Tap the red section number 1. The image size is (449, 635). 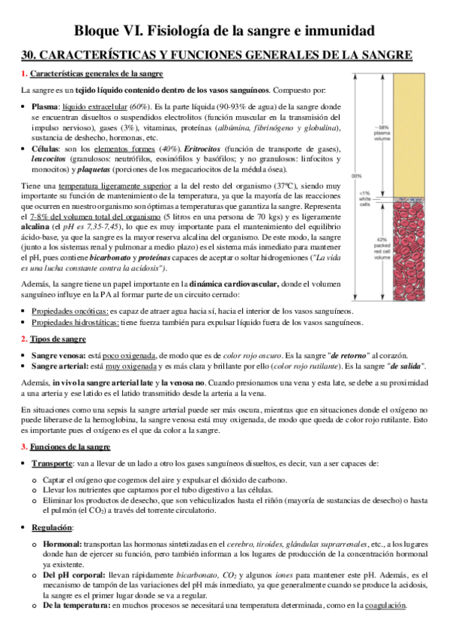23,73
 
